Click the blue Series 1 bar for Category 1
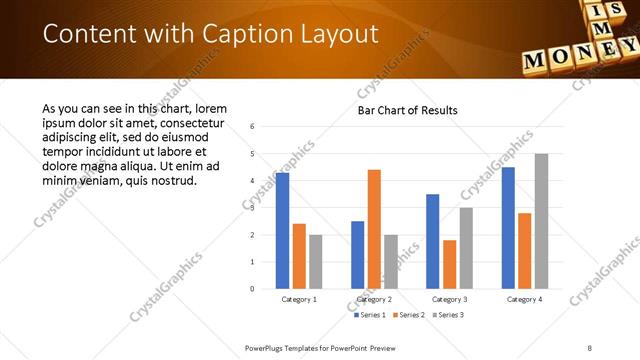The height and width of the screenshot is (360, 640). coord(283,231)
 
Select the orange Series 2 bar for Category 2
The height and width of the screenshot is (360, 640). coord(374,229)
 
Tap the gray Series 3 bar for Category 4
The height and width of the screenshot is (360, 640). coord(541,221)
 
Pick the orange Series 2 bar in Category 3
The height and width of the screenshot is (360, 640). coord(449,264)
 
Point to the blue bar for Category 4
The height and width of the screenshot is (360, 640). coord(508,228)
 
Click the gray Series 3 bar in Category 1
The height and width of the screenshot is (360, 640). coord(316,262)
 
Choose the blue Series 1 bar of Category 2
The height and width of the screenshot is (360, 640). coord(358,255)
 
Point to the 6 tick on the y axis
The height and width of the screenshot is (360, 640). coord(252,127)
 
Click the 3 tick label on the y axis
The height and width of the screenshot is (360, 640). coord(252,208)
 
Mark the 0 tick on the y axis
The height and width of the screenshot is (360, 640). coord(252,289)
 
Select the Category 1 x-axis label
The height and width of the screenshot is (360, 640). coord(299,299)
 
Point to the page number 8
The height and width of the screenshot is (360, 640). coord(590,348)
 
